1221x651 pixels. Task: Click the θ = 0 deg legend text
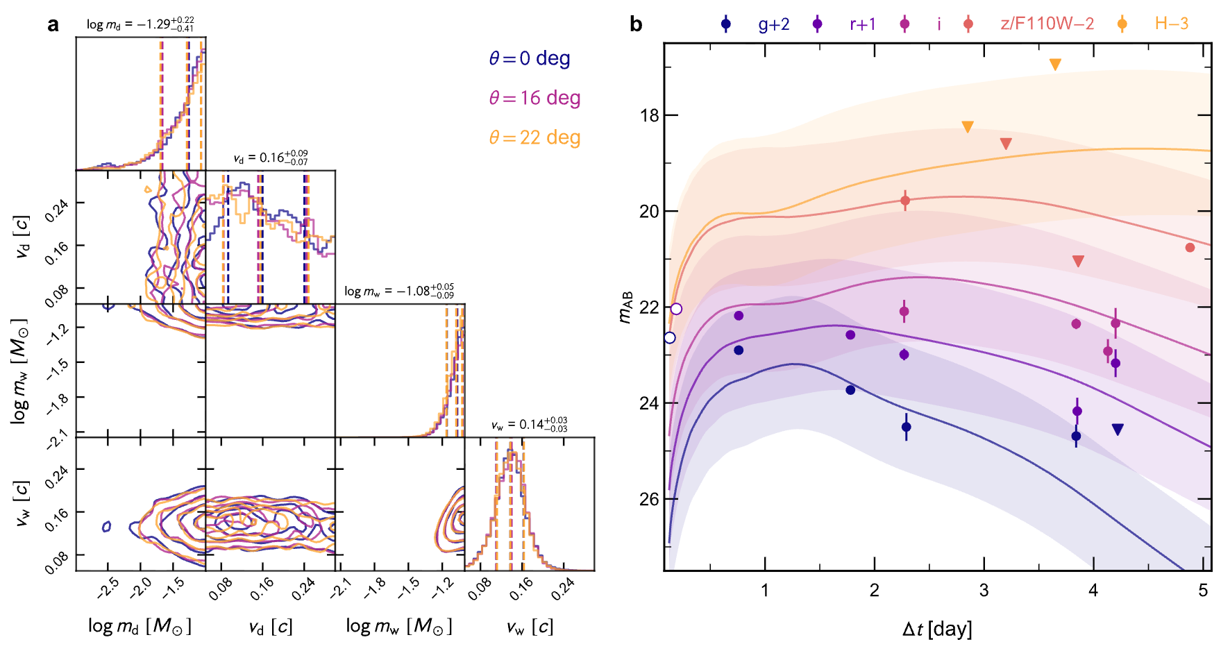pos(530,58)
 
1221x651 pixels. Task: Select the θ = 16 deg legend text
pos(534,98)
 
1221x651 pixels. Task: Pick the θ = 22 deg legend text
pos(534,137)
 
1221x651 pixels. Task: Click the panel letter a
pos(53,25)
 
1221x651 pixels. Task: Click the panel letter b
pos(636,25)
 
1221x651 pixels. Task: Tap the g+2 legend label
pos(773,24)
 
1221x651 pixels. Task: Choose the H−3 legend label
pos(1172,24)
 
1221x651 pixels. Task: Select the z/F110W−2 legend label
pos(1047,24)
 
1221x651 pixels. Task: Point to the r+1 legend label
pos(862,24)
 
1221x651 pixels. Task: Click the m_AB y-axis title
pos(625,307)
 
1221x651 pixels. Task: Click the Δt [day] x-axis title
pos(937,629)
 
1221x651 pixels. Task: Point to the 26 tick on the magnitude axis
pos(649,500)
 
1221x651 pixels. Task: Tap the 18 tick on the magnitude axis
pos(649,115)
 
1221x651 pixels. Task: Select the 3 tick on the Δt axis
pos(984,591)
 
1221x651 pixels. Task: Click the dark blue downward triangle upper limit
pos(1118,430)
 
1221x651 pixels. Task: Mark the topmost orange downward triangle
pos(1055,65)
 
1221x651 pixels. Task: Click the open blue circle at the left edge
pos(669,338)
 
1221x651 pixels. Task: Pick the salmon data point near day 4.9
pos(1190,248)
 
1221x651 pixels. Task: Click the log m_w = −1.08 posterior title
pos(399,291)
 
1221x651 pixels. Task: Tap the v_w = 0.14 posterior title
pos(529,425)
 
